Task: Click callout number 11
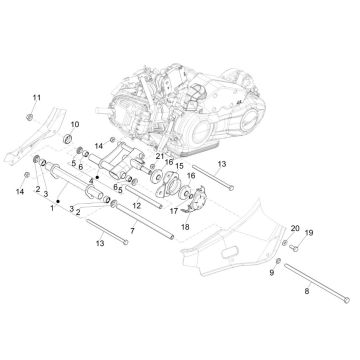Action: [x=35, y=96]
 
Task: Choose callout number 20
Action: [x=266, y=257]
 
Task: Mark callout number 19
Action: [x=281, y=261]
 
